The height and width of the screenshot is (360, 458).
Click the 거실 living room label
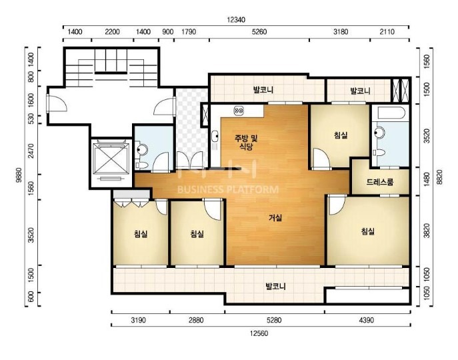coord(275,218)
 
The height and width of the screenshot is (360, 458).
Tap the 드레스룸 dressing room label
coord(380,182)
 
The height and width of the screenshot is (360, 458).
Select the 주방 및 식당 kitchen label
coord(247,142)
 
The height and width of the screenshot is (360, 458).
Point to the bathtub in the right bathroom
coord(390,113)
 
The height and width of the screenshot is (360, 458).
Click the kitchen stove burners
coord(239,111)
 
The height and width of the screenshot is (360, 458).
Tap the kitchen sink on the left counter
coord(215,136)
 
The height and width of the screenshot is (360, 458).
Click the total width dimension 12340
coord(236,20)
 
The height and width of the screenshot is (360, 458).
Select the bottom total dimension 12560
coord(259,333)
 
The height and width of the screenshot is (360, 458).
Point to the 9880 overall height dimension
coord(19,175)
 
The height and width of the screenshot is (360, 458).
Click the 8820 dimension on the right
coord(440,177)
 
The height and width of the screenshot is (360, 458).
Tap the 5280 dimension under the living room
coord(274,320)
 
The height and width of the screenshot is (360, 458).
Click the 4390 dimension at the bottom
coord(366,320)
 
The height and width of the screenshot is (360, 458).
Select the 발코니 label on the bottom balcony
coord(275,286)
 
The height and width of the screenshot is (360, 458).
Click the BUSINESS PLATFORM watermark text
coord(228,189)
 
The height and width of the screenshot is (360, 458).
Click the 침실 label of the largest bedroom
coord(368,231)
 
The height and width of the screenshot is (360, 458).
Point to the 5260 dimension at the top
coord(259,31)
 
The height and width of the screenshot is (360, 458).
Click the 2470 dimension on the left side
coord(31,151)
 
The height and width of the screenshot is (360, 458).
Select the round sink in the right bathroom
coord(379,133)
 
